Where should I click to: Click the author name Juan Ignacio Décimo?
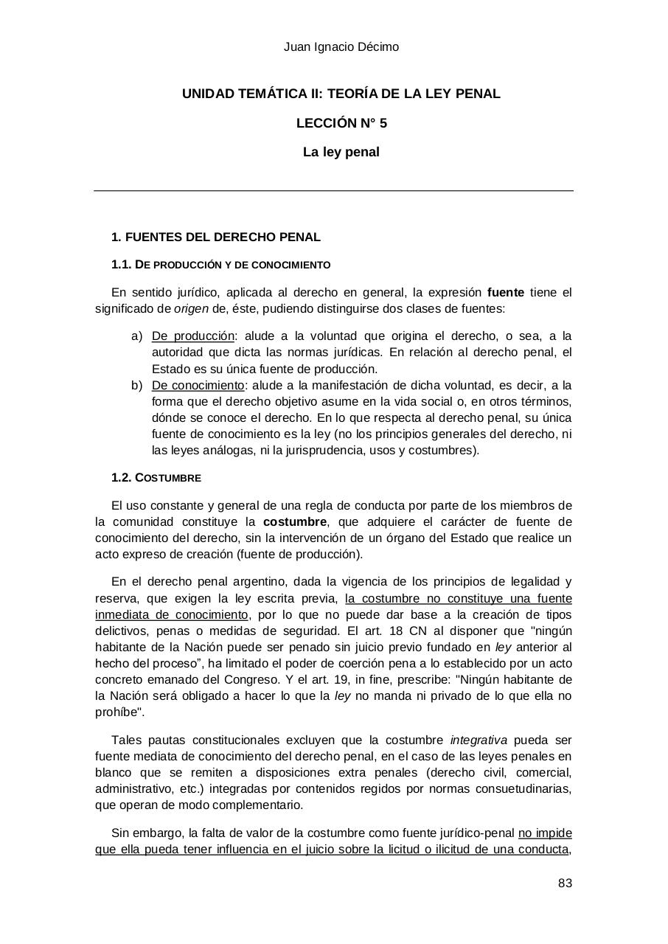341,47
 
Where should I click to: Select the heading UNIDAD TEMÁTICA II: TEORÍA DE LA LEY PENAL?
341,94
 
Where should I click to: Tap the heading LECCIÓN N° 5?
341,123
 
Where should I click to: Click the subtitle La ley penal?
341,153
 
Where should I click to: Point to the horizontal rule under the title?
333,191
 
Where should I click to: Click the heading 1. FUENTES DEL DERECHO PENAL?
215,237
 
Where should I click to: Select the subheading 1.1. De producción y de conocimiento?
220,265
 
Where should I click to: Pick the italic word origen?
190,309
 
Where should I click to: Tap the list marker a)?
136,336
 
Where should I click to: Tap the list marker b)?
136,386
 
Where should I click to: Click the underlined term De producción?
192,336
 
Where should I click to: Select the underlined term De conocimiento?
197,386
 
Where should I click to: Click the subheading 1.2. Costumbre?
156,478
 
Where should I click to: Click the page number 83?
565,884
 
